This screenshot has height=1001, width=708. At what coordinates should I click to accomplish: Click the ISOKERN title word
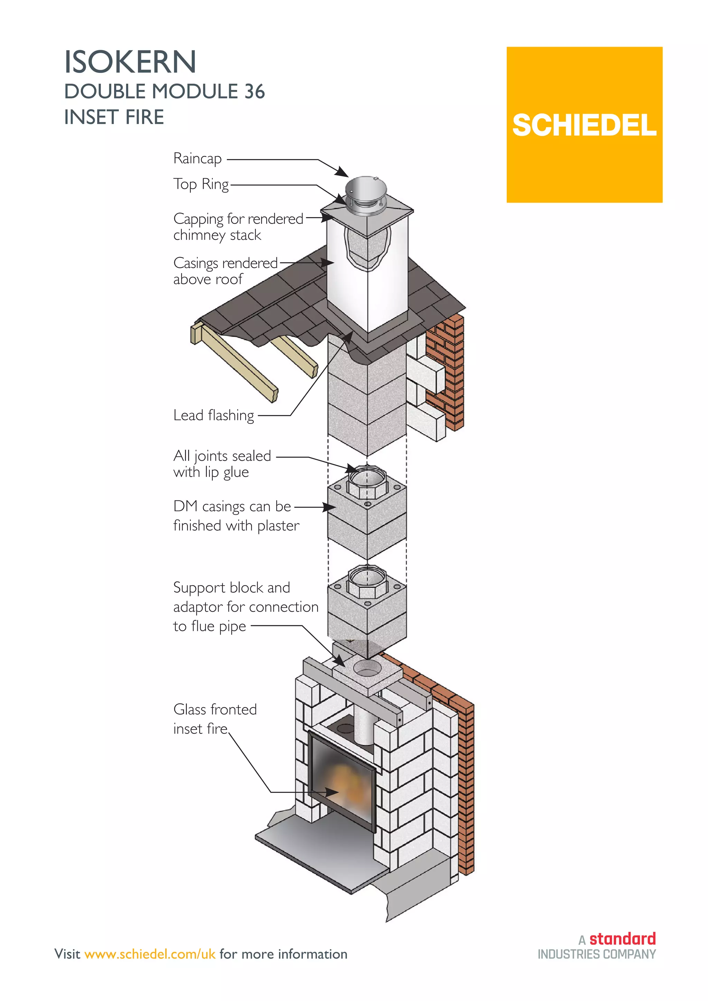point(130,62)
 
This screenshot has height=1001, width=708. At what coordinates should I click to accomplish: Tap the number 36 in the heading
point(254,92)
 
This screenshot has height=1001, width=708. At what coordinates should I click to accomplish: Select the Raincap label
point(197,159)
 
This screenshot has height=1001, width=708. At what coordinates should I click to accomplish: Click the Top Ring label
point(201,185)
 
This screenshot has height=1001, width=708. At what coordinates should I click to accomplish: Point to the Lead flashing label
point(214,415)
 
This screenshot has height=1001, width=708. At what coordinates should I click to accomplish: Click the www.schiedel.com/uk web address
point(150,954)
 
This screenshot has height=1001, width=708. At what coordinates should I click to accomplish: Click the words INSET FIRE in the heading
point(114,117)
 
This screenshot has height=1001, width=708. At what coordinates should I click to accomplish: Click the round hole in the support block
point(367,667)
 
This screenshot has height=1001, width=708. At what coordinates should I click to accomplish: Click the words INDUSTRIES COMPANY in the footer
point(596,955)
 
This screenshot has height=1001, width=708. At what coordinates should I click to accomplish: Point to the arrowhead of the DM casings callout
point(330,507)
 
